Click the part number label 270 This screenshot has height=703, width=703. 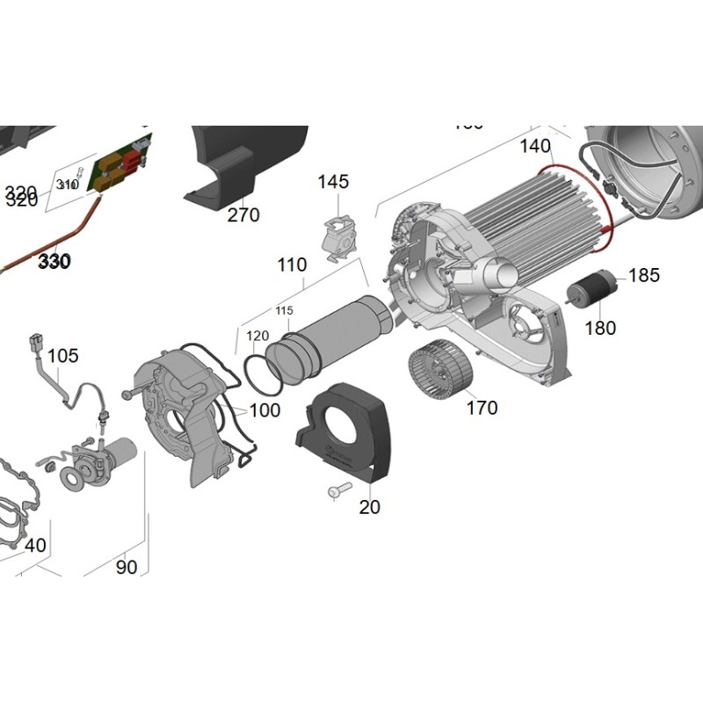click(243, 215)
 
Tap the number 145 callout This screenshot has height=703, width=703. click(333, 182)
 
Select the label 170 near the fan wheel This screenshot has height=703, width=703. click(482, 408)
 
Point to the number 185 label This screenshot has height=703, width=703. click(644, 276)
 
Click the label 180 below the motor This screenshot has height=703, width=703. click(600, 329)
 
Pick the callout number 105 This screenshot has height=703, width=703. click(62, 356)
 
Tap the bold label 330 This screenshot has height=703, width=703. click(54, 262)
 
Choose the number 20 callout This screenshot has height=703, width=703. click(370, 507)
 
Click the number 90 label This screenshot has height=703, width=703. click(127, 568)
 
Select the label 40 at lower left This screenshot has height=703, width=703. click(35, 546)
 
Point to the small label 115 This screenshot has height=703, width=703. click(283, 312)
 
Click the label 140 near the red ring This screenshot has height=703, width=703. click(535, 147)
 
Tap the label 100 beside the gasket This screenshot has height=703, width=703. click(265, 410)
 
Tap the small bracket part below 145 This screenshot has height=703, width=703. click(337, 237)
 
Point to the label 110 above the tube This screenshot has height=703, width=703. click(292, 265)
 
